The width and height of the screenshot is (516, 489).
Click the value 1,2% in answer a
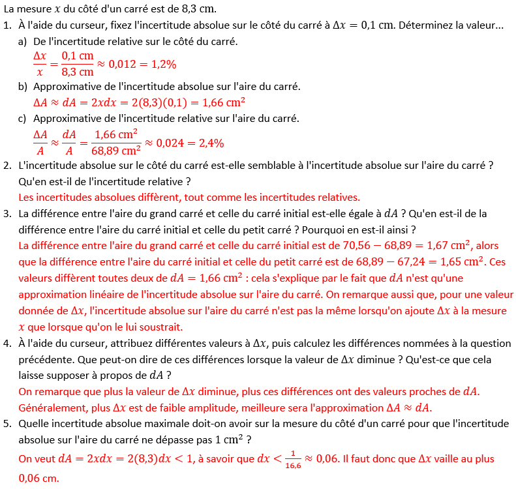pos(162,64)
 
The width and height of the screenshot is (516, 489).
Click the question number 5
pos(7,424)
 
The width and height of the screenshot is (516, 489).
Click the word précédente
pos(47,359)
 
